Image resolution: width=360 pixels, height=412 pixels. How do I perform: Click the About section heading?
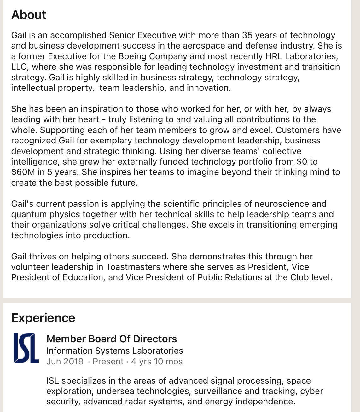coord(29,15)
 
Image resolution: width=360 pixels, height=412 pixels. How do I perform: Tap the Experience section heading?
coord(43,318)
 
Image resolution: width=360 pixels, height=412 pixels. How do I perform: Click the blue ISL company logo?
coord(26,348)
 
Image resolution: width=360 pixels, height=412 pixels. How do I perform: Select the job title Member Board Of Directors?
coord(112,339)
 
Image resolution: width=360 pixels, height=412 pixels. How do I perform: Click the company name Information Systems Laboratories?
coord(115,351)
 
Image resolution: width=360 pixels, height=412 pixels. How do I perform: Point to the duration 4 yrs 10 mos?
coord(157,362)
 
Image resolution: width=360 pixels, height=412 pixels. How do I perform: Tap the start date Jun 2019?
coord(65,362)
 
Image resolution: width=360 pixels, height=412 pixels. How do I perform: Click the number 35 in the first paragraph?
coord(247,35)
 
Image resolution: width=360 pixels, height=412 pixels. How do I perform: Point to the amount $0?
coord(302,162)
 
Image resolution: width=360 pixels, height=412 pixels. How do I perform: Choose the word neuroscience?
coord(282,204)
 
